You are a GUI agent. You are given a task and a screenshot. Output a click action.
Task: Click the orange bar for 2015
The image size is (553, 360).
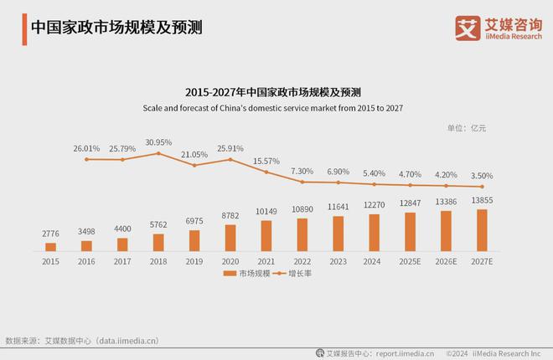pos(51,247)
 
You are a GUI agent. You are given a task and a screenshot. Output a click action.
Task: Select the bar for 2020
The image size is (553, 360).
pos(230,238)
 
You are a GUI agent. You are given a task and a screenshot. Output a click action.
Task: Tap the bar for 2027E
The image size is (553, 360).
pos(482,230)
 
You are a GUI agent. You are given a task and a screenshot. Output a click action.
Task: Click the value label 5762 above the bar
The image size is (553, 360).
pos(158,225)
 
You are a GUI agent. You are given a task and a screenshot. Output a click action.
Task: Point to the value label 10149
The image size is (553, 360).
pos(266,212)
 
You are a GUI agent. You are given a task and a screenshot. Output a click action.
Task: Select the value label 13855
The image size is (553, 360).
pos(482,200)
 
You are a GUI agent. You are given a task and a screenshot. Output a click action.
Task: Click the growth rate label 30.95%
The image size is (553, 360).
pos(158,142)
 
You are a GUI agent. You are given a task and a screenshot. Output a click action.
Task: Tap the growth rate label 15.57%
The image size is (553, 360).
pos(266,161)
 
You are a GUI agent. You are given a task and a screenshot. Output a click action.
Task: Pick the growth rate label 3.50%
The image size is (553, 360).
pos(482,176)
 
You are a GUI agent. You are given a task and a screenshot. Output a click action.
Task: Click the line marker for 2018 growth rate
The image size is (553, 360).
pos(158,153)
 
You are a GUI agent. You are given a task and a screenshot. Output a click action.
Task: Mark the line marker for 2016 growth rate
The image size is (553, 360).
pos(86,158)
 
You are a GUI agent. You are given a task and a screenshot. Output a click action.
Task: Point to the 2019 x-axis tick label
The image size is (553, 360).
pos(194,261)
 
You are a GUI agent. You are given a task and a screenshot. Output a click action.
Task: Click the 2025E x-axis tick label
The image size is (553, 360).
pos(410,261)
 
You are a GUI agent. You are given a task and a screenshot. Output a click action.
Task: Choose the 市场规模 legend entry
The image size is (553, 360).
pos(249,274)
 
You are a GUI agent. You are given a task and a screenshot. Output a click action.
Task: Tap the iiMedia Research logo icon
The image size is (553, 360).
pos(466,28)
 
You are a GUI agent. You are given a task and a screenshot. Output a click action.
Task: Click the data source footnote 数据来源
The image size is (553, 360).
pos(82,341)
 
